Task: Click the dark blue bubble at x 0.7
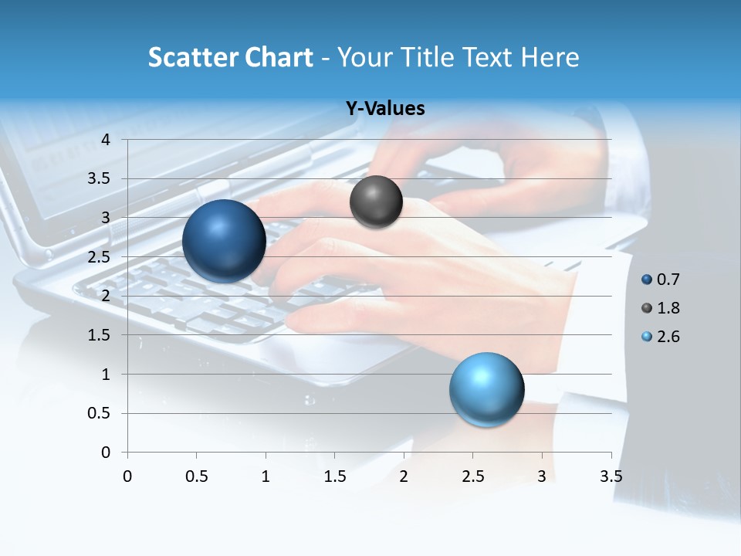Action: (225, 241)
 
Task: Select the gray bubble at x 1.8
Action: (376, 202)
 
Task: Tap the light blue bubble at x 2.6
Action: (486, 390)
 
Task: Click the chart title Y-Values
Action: (385, 109)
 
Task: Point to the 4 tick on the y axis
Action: (106, 140)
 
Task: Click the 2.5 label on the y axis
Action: (99, 257)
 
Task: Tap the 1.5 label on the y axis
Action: (99, 335)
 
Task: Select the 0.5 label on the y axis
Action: (99, 414)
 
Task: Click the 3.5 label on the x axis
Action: (611, 476)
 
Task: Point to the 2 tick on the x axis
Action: (404, 476)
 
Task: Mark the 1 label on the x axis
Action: (266, 476)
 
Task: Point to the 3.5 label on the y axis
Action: (99, 179)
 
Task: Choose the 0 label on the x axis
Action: (127, 476)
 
